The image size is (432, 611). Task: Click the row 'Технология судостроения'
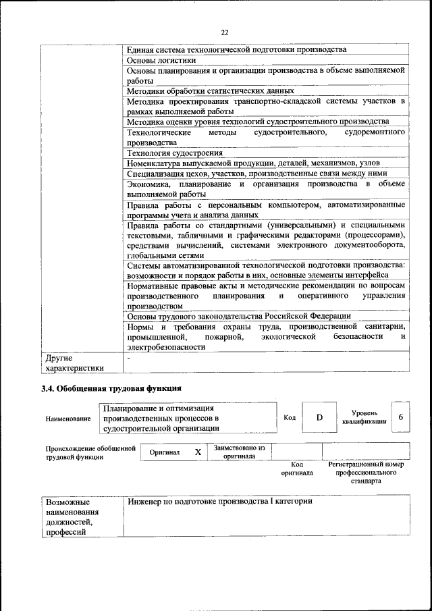175,153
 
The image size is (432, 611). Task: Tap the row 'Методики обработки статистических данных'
210,90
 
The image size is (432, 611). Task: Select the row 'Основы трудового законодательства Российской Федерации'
238,315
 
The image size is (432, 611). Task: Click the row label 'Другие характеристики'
74,363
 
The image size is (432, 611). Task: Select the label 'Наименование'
68,419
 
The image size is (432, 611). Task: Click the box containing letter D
319,418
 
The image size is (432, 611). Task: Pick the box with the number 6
401,417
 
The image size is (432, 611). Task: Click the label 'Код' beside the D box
290,418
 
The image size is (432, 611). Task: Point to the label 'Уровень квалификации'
364,417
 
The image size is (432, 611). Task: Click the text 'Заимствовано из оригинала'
240,452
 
